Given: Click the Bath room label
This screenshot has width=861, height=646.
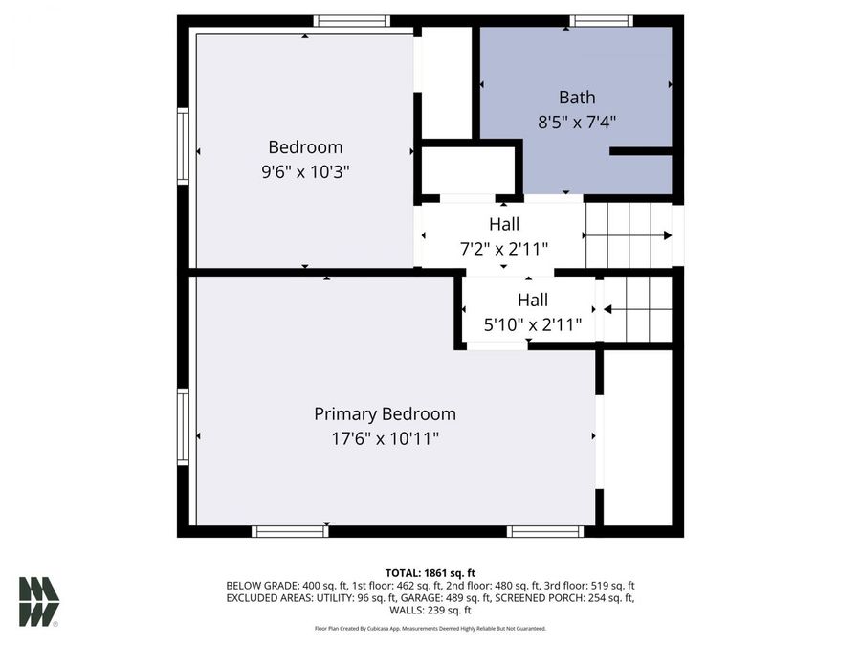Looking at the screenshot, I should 577,97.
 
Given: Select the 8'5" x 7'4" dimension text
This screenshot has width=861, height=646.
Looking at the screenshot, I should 577,123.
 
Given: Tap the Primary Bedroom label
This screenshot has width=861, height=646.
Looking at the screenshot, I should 385,413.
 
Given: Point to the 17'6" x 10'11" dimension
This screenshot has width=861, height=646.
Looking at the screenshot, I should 385,438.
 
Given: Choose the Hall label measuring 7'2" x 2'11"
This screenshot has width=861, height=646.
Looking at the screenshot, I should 504,224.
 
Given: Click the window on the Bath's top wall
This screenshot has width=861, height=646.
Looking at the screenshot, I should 601,21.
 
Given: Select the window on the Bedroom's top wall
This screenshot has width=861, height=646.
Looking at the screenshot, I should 352,21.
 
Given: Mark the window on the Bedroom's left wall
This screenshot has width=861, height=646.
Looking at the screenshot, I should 183,145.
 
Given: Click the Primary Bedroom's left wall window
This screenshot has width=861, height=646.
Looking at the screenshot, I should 183,426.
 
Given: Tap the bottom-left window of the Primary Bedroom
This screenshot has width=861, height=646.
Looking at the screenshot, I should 289,531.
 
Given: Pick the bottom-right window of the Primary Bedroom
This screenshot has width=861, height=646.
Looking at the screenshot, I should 545,531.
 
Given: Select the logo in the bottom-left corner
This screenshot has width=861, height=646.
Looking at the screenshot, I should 38,602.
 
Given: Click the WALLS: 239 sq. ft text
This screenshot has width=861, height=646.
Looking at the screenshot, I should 430,610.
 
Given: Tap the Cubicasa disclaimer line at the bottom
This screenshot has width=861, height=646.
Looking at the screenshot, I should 430,629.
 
